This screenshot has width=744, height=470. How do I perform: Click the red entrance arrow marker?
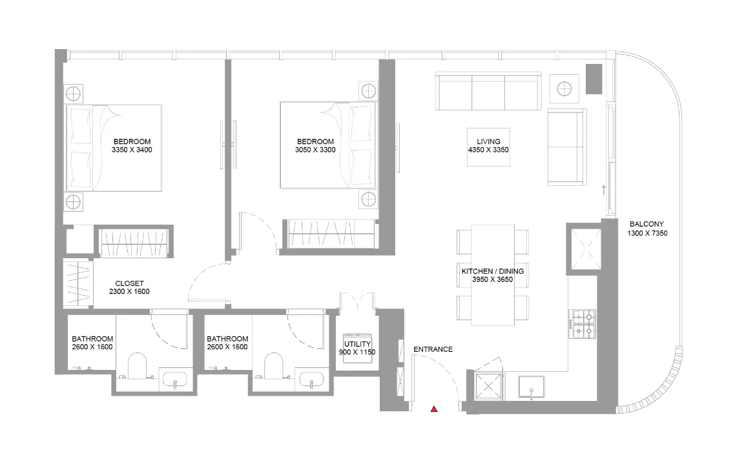[x=435, y=409]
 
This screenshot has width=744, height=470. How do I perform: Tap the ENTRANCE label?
[x=433, y=349]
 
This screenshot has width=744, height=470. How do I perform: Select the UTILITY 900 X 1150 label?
[x=357, y=348]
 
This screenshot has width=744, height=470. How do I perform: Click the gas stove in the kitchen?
[x=583, y=324]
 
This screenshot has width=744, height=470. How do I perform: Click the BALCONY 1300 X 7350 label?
[x=646, y=229]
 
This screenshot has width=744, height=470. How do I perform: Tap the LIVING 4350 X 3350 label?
[x=489, y=145]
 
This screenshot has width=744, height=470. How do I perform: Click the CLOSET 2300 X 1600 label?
[x=129, y=287]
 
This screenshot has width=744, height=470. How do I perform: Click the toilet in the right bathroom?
[x=274, y=366]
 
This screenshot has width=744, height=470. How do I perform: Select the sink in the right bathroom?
[x=311, y=380]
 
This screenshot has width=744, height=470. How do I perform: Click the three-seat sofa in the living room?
[x=488, y=92]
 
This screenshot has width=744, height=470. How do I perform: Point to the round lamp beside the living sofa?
[x=564, y=87]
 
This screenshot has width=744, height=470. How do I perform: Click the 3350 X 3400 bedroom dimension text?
[x=132, y=150]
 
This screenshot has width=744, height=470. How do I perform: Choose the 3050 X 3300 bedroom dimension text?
[x=315, y=150]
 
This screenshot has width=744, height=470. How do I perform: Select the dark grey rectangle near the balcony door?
[x=594, y=79]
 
